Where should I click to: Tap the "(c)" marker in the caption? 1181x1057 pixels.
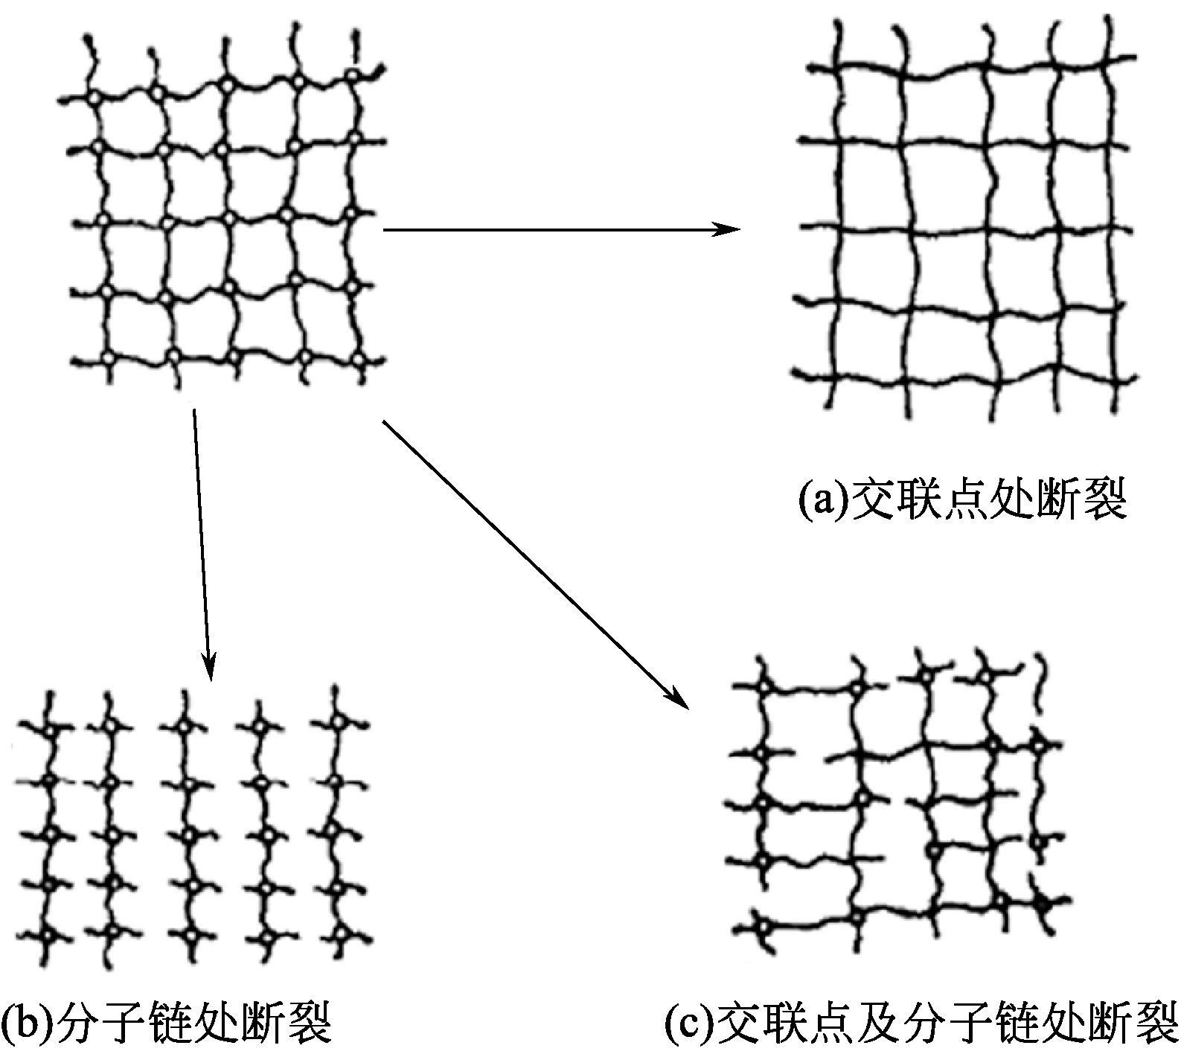(x=688, y=1026)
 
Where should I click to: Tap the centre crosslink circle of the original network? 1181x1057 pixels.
(x=228, y=220)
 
